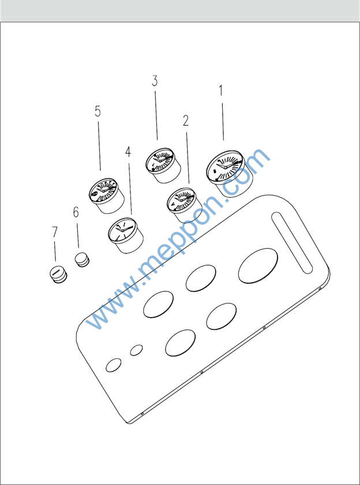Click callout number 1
click(221, 91)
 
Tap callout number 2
click(186, 121)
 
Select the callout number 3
click(155, 81)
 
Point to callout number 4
click(128, 152)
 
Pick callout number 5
click(98, 111)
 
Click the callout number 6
click(76, 212)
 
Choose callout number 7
click(54, 231)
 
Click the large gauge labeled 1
click(230, 174)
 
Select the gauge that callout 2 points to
click(185, 205)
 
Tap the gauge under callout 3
click(163, 165)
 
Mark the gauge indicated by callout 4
click(126, 235)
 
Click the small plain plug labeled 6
click(82, 260)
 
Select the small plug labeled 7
click(58, 275)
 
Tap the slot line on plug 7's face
click(56, 273)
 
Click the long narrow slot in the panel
click(292, 243)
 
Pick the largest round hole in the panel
click(258, 266)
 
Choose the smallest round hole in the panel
click(136, 350)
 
